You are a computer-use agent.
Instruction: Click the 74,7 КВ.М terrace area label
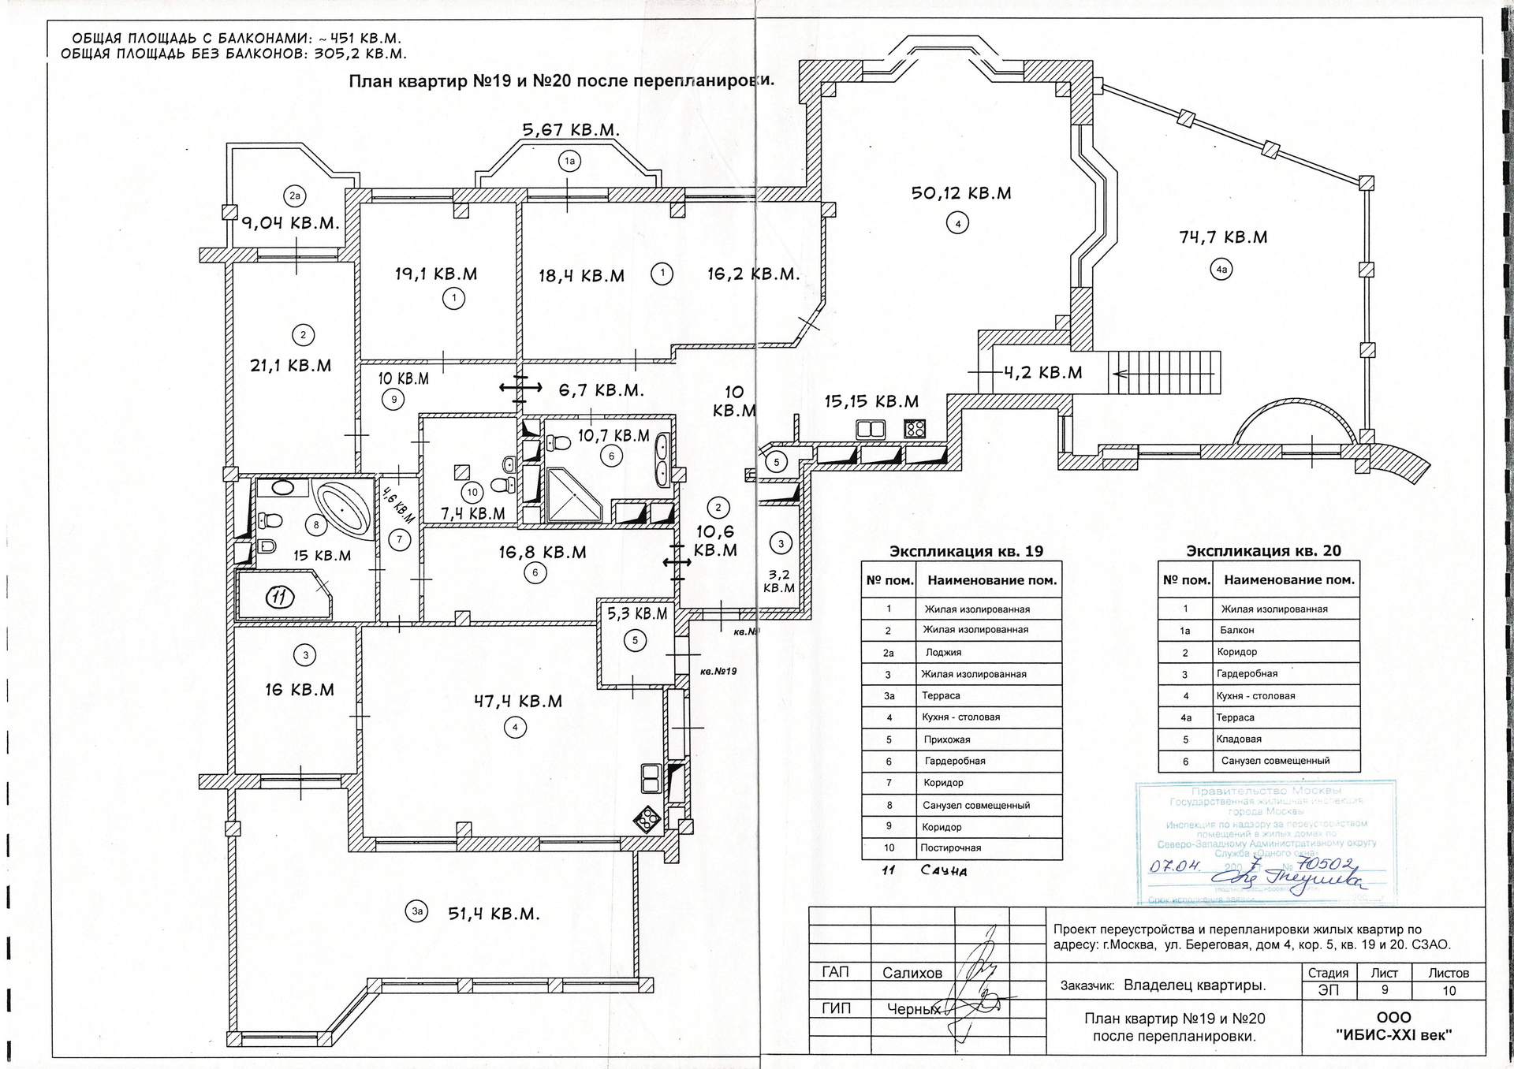1223,237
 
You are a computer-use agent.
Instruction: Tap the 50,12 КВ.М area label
961,193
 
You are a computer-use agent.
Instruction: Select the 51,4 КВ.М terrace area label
494,914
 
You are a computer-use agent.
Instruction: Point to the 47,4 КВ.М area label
518,701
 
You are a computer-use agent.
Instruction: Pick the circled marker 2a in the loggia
294,196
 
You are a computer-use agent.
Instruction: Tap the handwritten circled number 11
279,597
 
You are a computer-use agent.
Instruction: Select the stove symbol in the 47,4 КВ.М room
649,820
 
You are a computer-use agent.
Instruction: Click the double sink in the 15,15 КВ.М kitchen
871,430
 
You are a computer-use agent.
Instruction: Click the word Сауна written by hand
943,871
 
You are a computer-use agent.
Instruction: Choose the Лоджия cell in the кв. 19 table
943,652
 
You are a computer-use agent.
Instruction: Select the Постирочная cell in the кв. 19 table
952,848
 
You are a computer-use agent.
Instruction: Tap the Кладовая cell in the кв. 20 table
1239,739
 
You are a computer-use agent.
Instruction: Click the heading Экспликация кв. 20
1263,551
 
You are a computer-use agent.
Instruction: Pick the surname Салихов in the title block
912,973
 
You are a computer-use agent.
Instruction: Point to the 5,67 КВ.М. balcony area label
572,130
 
